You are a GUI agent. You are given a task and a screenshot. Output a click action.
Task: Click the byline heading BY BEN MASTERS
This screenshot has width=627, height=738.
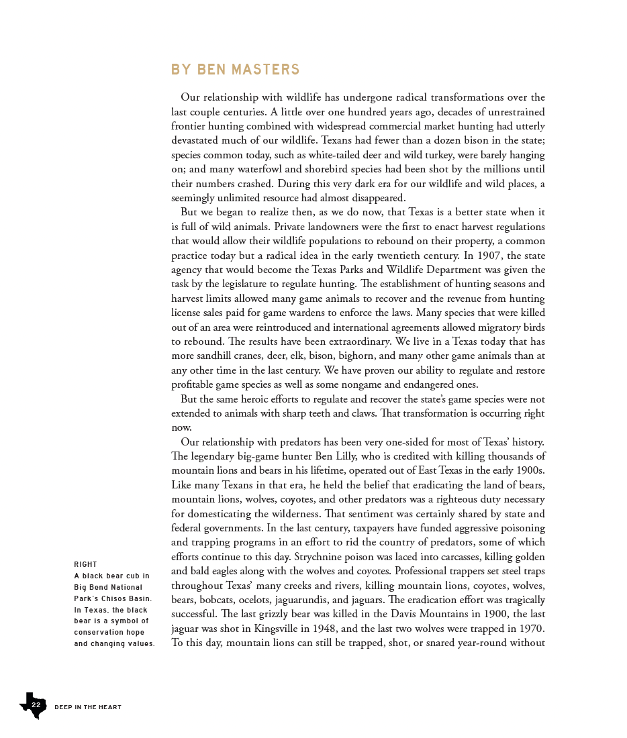[x=235, y=70]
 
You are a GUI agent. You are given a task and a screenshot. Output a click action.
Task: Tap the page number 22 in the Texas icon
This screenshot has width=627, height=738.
[x=36, y=705]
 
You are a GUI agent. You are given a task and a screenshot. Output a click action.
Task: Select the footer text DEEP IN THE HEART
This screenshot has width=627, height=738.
[x=88, y=707]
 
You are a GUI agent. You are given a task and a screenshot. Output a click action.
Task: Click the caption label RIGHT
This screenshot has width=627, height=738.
[x=85, y=564]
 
